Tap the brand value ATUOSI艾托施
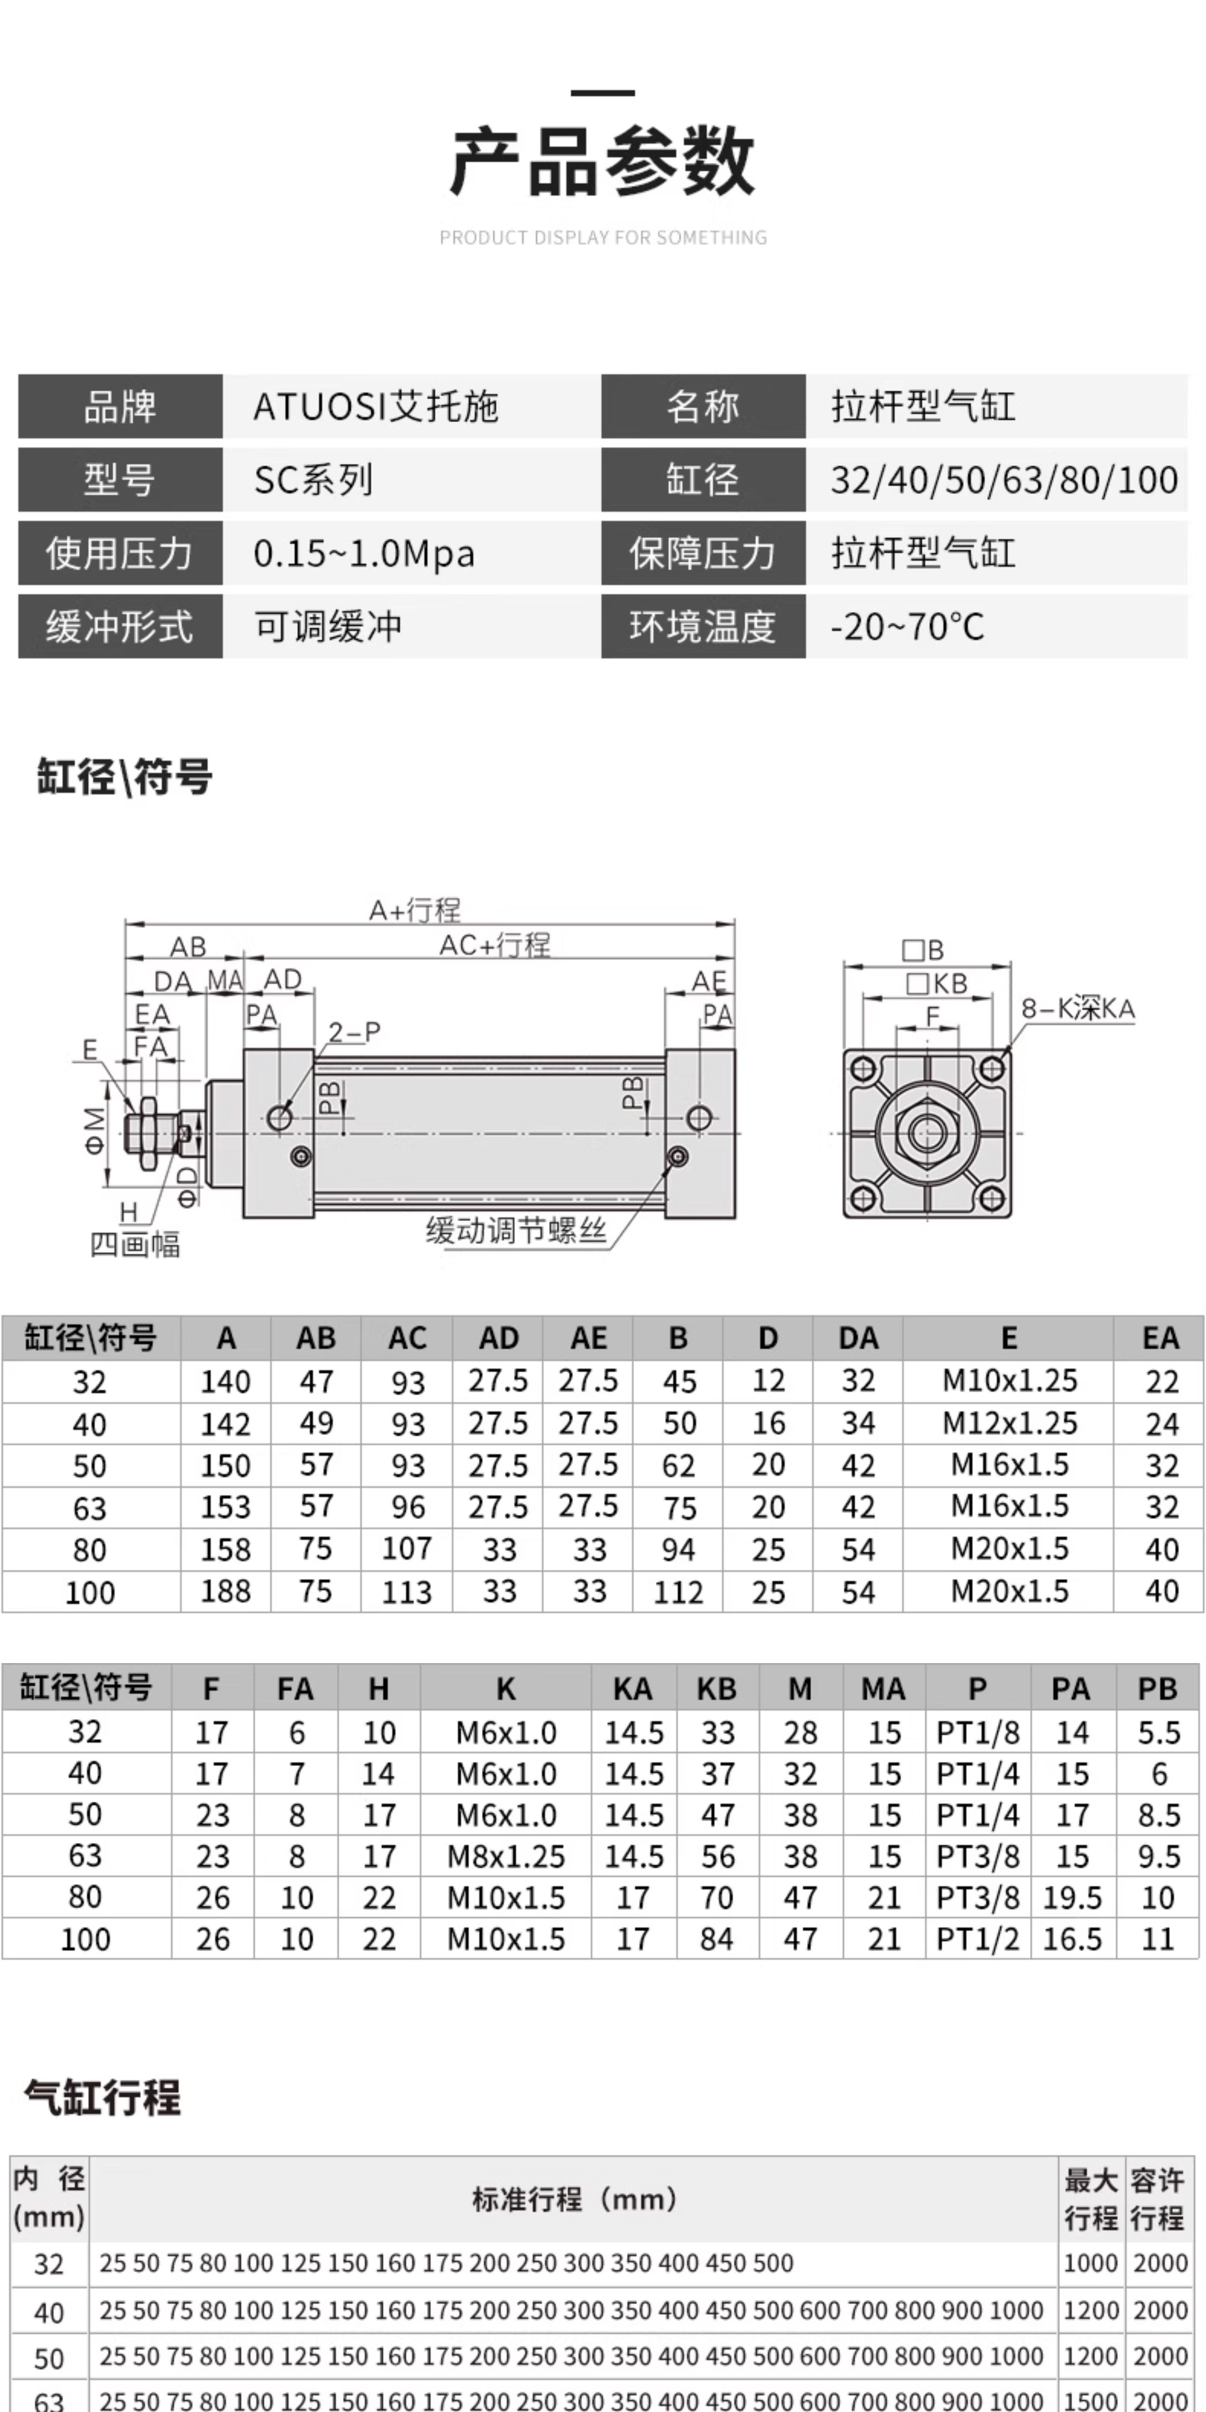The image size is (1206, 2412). pyautogui.click(x=375, y=407)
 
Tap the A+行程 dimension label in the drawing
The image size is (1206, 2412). pyautogui.click(x=415, y=909)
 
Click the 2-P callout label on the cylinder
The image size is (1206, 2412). pyautogui.click(x=354, y=1032)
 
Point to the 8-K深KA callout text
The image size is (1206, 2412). pyautogui.click(x=1078, y=1009)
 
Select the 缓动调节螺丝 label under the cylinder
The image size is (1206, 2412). pyautogui.click(x=516, y=1229)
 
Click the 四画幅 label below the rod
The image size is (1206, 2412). pyautogui.click(x=135, y=1244)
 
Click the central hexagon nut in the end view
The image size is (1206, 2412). pyautogui.click(x=927, y=1133)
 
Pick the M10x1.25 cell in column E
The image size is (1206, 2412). pyautogui.click(x=1010, y=1380)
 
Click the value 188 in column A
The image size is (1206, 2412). pyautogui.click(x=226, y=1591)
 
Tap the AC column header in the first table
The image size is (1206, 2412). pyautogui.click(x=408, y=1338)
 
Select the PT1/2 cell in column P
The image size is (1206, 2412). pyautogui.click(x=977, y=1939)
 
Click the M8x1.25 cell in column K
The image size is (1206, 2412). pyautogui.click(x=506, y=1857)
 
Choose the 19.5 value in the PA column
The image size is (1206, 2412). pyautogui.click(x=1072, y=1898)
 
